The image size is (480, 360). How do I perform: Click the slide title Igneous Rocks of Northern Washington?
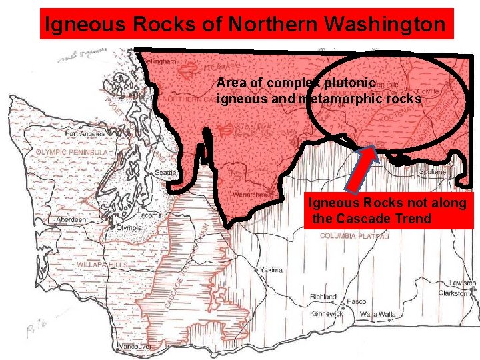click(245, 24)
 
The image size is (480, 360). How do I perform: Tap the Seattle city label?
click(166, 173)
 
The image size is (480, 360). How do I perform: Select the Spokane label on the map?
click(433, 171)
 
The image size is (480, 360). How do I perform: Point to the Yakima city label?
click(271, 270)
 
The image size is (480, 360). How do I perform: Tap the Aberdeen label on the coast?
click(69, 219)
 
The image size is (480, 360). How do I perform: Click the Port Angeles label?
click(85, 133)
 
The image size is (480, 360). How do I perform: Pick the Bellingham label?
click(159, 61)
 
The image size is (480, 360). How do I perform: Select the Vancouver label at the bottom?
click(135, 347)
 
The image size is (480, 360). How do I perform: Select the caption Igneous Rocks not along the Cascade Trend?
click(387, 211)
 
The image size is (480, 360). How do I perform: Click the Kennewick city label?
click(326, 313)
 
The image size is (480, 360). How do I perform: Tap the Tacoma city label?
click(149, 215)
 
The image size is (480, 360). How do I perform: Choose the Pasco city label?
click(356, 301)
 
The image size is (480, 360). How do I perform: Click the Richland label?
click(324, 297)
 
